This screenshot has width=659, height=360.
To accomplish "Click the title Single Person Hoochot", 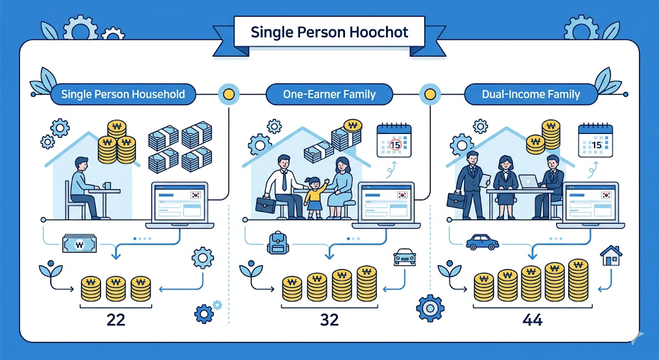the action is (x=329, y=32).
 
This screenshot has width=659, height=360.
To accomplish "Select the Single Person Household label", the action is (x=123, y=95).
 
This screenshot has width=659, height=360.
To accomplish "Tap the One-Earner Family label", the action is (x=329, y=95).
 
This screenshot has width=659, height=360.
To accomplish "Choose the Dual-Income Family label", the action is (x=531, y=95).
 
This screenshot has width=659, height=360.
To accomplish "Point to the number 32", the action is (x=329, y=320).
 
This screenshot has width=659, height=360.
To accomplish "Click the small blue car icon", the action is (x=481, y=242).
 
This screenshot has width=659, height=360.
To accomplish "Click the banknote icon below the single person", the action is (x=79, y=244).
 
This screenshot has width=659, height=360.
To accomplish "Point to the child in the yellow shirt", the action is (x=314, y=193).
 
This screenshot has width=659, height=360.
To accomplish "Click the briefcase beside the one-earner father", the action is (x=265, y=205).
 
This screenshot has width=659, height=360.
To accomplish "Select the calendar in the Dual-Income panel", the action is (x=595, y=140).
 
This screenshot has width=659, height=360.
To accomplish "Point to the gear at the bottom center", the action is (x=430, y=308).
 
